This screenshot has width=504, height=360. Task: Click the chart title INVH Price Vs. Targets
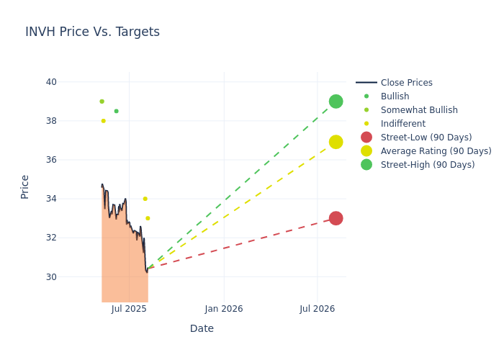tap(92, 32)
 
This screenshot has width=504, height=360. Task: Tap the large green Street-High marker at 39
tap(336, 102)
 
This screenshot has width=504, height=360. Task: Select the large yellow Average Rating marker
tap(336, 142)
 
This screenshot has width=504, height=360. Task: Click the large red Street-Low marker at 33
tap(336, 218)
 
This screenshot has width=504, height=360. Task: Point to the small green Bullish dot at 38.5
tap(116, 111)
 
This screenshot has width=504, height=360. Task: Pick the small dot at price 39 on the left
tap(102, 102)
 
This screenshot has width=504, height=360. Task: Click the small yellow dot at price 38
tap(103, 121)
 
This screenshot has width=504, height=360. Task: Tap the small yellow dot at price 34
tap(145, 199)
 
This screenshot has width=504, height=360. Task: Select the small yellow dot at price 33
tap(148, 218)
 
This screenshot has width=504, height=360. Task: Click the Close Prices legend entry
tap(406, 83)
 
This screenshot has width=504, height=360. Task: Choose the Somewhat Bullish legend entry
tap(419, 110)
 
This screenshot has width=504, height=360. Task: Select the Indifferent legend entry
tap(402, 124)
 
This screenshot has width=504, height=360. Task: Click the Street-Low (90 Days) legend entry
tap(426, 138)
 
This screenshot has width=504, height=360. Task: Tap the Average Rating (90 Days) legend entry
tap(436, 151)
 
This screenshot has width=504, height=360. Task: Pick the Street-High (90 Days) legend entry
tap(428, 165)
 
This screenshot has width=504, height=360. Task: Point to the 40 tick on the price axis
tap(51, 82)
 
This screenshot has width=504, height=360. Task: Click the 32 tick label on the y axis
tap(51, 238)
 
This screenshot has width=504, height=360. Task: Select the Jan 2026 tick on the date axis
tap(223, 309)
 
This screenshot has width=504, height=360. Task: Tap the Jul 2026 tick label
tap(318, 309)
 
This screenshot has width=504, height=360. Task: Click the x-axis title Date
tap(202, 328)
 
